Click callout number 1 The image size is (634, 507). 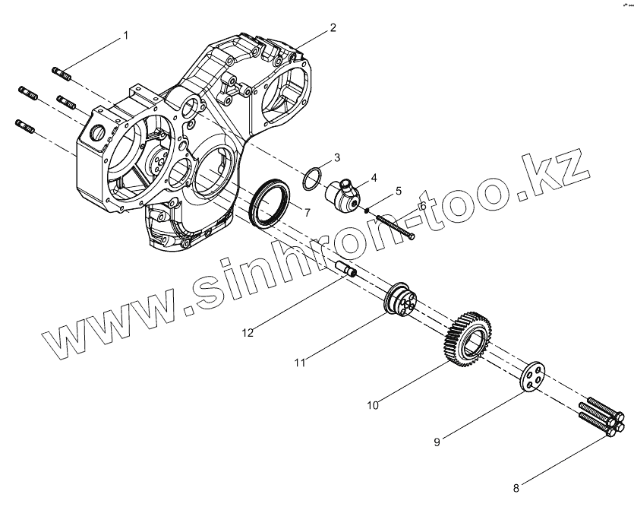(126, 36)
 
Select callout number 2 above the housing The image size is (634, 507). (333, 28)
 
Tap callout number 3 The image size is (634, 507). (337, 158)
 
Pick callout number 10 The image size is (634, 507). (372, 405)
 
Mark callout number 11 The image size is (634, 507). (300, 363)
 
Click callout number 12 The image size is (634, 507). (248, 332)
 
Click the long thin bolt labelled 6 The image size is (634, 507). (395, 227)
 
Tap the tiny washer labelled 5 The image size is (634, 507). (367, 210)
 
